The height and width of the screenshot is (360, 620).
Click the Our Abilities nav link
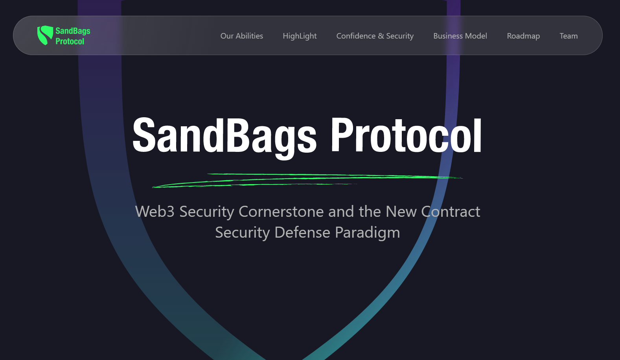point(242,36)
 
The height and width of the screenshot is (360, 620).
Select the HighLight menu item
point(300,36)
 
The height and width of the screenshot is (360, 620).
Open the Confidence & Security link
point(375,36)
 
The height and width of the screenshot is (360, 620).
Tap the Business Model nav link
point(460,36)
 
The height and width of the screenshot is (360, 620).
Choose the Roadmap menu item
point(523,36)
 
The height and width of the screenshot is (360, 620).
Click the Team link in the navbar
point(568,36)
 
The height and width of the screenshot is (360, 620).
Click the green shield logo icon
point(45,35)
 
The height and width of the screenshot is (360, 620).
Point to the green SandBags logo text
point(73,31)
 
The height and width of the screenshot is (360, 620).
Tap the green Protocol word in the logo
point(70,41)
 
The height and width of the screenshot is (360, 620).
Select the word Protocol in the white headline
point(406,135)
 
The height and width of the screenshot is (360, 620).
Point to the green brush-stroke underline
point(307,180)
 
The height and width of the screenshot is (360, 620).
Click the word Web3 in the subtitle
point(155,212)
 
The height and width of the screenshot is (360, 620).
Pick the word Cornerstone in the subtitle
point(281,212)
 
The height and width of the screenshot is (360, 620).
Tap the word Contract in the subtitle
point(451,212)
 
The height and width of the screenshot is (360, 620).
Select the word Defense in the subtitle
point(302,233)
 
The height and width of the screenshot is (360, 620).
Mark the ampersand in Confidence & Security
point(381,36)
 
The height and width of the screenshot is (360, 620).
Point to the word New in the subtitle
point(401,212)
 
